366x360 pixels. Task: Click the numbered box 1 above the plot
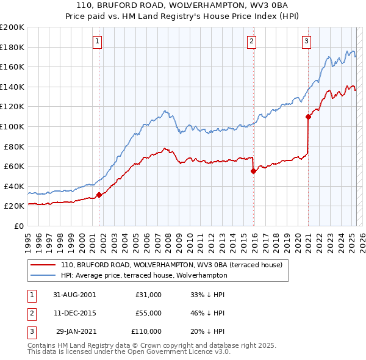click(x=98, y=41)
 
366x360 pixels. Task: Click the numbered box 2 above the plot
click(x=251, y=41)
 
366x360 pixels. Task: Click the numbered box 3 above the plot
click(x=306, y=41)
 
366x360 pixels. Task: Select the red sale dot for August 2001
click(x=99, y=195)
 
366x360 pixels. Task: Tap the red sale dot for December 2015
click(x=253, y=171)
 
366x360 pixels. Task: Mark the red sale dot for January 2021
click(x=308, y=117)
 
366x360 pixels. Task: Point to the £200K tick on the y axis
click(x=12, y=27)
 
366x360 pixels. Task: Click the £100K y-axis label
click(x=12, y=126)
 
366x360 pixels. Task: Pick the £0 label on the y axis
click(x=18, y=226)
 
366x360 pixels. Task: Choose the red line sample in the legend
click(x=43, y=265)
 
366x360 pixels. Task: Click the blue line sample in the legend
click(x=43, y=275)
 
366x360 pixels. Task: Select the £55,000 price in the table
click(x=148, y=313)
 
